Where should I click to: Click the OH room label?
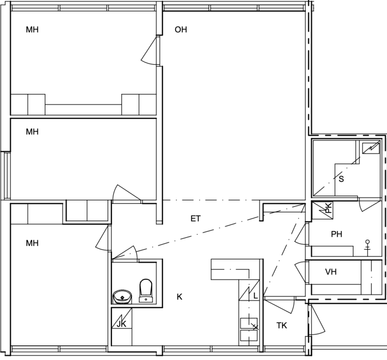(x=181, y=30)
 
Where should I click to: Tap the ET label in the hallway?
(x=195, y=219)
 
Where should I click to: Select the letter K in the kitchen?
(x=179, y=297)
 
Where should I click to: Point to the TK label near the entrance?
(x=282, y=326)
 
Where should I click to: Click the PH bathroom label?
(x=336, y=234)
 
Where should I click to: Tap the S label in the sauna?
(x=341, y=179)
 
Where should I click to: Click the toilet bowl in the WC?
(x=145, y=290)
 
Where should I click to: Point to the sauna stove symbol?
(x=370, y=148)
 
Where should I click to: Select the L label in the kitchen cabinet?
(x=255, y=296)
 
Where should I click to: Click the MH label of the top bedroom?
(x=32, y=30)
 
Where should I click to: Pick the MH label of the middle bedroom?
(x=32, y=132)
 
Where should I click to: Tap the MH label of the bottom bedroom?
(x=32, y=243)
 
